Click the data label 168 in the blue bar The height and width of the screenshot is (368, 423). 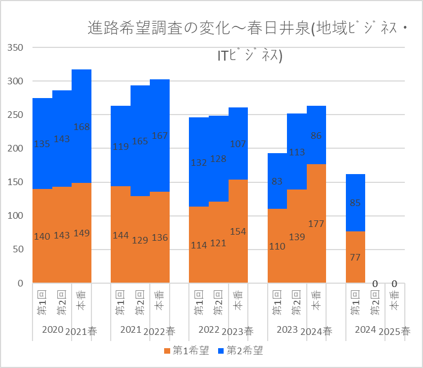pos(82,127)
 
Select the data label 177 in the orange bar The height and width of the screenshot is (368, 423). pos(316,224)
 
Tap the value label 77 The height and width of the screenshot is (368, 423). pos(355,256)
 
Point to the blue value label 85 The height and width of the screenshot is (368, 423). pos(355,203)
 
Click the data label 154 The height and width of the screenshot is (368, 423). pos(238,231)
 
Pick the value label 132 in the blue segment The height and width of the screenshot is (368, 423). pos(199,163)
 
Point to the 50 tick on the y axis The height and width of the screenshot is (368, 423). pos(18,249)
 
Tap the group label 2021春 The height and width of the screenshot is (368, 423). pos(82,331)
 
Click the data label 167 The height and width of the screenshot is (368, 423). pos(160,136)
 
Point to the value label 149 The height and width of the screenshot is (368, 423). pos(82,233)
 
